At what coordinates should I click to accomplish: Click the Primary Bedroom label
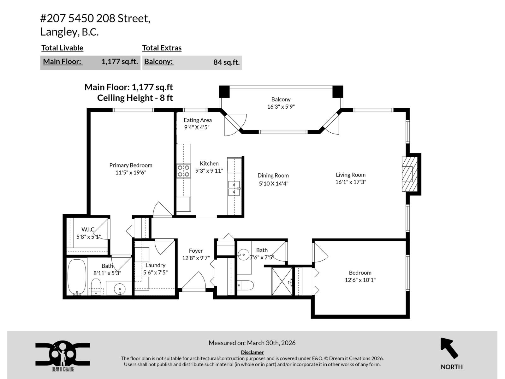[x=131, y=165]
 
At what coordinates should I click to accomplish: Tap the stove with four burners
[x=183, y=171]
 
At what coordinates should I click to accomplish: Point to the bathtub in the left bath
[x=77, y=277]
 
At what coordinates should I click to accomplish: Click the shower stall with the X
[x=282, y=281]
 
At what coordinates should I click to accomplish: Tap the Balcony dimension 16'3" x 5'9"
[x=281, y=107]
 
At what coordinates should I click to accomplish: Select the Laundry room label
[x=155, y=265]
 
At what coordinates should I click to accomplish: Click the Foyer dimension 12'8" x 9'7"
[x=196, y=258]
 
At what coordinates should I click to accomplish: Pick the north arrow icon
[x=449, y=348]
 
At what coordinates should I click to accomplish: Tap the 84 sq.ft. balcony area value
[x=226, y=62]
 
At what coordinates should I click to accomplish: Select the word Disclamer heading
[x=252, y=352]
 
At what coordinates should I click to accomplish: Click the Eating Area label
[x=198, y=120]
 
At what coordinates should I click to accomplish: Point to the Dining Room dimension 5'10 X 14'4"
[x=273, y=183]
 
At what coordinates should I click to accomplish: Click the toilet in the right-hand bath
[x=246, y=285]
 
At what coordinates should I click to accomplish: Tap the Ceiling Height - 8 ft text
[x=135, y=98]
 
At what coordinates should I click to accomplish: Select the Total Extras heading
[x=162, y=48]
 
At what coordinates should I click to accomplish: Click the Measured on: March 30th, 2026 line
[x=252, y=343]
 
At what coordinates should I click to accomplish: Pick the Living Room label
[x=350, y=175]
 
